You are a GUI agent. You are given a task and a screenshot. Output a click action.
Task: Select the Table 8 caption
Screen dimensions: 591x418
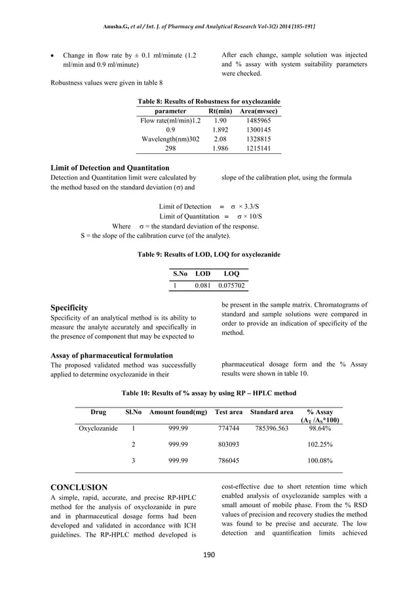click(x=208, y=102)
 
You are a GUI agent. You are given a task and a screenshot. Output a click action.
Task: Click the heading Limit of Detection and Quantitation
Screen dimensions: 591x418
click(x=110, y=168)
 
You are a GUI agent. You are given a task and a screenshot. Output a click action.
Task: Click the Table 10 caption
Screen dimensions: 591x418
click(x=208, y=393)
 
